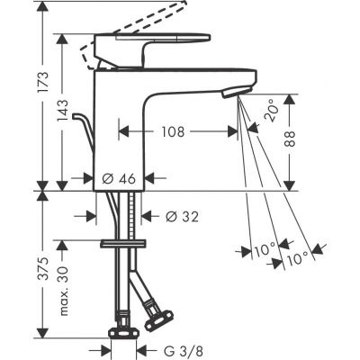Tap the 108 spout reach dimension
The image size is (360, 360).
(174, 131)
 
